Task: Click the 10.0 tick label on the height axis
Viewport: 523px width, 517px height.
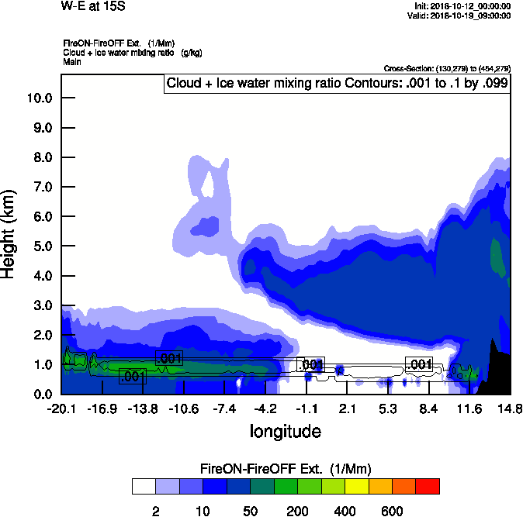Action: [x=40, y=98]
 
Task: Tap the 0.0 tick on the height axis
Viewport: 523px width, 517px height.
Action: [x=42, y=394]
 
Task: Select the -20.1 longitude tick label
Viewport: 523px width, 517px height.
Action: [x=61, y=409]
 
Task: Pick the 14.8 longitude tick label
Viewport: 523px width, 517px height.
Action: [x=510, y=409]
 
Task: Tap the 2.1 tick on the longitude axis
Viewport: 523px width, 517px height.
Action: [x=347, y=409]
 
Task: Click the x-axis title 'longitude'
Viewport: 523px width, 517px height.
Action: [x=285, y=431]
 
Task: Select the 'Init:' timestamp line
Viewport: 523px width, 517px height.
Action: [x=462, y=5]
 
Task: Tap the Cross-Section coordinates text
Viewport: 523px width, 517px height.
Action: [x=446, y=69]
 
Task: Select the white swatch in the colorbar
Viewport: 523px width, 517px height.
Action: [x=143, y=486]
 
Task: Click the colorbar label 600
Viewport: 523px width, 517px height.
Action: [x=392, y=511]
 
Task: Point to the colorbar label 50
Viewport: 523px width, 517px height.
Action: [x=251, y=511]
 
